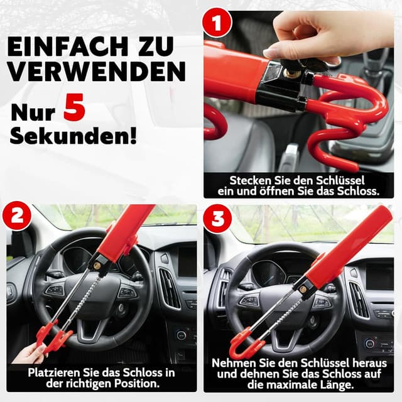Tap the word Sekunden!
(72, 135)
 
